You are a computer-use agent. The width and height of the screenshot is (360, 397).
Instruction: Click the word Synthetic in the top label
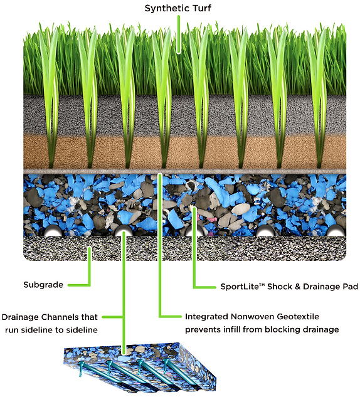(x=167, y=9)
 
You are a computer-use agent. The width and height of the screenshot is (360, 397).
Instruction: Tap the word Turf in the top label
(x=202, y=8)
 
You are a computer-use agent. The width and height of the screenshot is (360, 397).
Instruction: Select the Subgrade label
(x=43, y=285)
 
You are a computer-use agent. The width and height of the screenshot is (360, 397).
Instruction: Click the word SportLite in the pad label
(x=240, y=287)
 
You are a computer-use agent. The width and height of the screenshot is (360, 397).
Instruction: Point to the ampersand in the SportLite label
(x=297, y=287)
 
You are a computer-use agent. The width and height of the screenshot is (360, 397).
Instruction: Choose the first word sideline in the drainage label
(x=42, y=330)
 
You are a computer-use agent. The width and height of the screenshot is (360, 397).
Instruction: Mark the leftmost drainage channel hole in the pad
(x=53, y=231)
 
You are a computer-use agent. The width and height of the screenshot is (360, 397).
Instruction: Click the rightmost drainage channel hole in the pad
(x=336, y=231)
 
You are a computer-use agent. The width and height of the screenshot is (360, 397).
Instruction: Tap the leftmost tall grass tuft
(x=51, y=96)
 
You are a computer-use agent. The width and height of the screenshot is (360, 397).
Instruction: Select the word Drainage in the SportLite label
(x=322, y=287)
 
